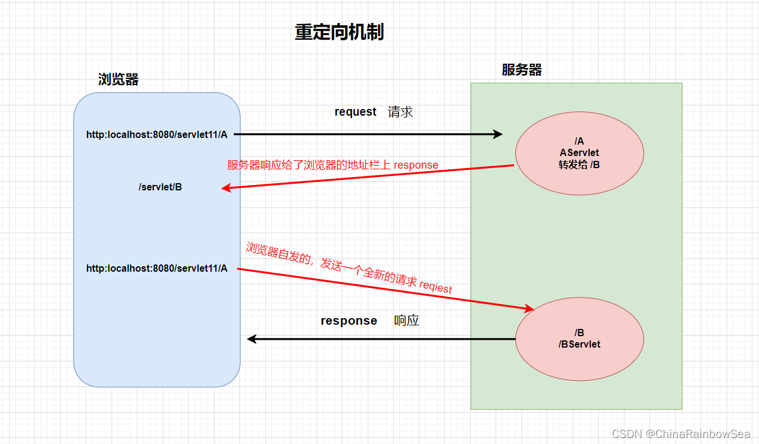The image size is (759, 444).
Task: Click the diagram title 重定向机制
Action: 339,32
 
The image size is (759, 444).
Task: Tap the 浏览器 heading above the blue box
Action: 118,80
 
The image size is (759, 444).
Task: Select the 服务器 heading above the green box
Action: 522,70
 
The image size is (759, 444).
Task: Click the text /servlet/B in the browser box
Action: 160,187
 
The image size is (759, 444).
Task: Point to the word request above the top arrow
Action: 356,112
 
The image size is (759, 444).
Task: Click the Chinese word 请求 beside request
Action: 400,112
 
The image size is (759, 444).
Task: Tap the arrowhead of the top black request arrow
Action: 498,134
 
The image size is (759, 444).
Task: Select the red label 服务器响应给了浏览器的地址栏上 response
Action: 333,165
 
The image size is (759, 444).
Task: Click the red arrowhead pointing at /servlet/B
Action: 226,187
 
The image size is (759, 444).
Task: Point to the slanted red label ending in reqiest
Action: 349,268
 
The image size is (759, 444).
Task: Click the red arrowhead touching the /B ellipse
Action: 529,308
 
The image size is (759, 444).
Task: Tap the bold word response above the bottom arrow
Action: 348,320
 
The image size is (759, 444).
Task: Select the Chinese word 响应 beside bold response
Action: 406,320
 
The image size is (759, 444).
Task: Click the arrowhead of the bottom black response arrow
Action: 252,339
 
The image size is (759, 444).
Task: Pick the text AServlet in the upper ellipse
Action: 579,153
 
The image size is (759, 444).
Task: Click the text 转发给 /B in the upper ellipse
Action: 579,165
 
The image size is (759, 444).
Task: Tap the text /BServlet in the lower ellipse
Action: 579,345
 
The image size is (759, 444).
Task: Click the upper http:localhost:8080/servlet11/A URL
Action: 157,135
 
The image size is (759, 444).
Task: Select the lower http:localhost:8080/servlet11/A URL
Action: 157,269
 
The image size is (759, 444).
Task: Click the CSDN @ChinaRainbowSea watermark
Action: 681,434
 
